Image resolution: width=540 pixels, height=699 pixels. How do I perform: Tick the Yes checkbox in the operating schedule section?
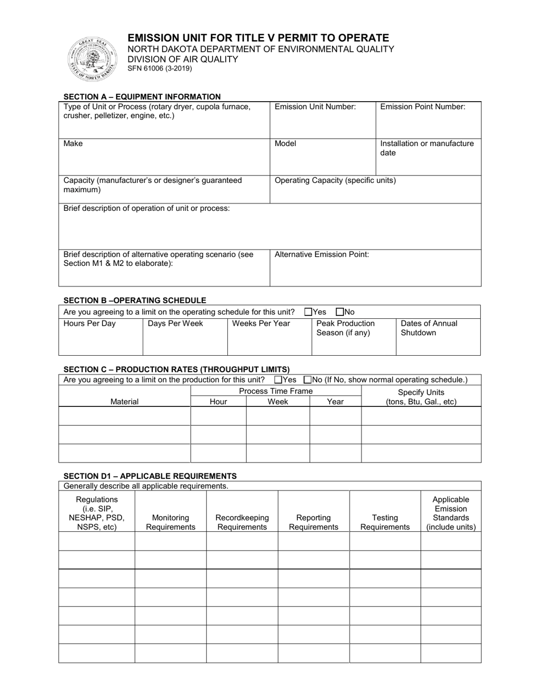pos(308,312)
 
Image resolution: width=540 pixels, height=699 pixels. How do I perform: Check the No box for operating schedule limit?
pos(339,312)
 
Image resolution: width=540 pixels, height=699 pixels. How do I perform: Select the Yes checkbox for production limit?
pos(278,380)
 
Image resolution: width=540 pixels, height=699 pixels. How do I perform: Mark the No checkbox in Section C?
pos(308,380)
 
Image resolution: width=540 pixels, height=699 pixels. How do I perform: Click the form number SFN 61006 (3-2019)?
pos(159,69)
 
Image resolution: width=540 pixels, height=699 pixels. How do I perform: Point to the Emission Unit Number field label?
pos(315,107)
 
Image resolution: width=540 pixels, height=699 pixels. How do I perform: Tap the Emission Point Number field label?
pos(422,107)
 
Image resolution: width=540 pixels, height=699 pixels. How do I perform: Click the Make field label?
pos(73,144)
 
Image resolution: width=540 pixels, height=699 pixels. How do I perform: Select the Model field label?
pos(285,144)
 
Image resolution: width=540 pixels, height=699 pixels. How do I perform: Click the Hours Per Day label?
pos(89,323)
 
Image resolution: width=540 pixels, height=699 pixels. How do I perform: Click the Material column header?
pos(124,401)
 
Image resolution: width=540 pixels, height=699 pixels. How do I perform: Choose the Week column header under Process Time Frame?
pos(277,401)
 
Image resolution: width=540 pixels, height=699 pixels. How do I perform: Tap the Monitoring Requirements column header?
pos(171,522)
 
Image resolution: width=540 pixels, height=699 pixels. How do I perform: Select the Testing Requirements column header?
pos(385,522)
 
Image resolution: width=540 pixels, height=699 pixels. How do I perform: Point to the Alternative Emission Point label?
pos(322,255)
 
